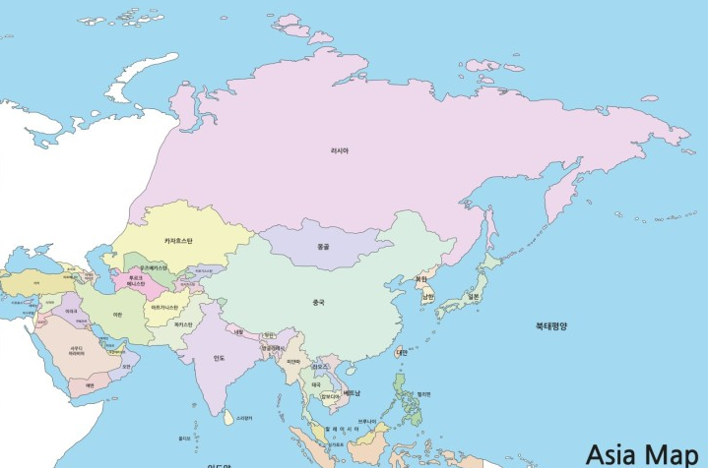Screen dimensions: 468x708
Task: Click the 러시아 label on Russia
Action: click(x=339, y=151)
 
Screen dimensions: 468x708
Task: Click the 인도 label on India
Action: click(x=219, y=358)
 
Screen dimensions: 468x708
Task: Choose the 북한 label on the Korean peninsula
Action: click(x=421, y=278)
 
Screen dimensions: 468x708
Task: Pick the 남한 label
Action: click(x=428, y=299)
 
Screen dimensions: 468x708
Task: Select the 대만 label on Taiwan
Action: click(x=402, y=352)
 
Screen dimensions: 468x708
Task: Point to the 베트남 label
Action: click(x=352, y=393)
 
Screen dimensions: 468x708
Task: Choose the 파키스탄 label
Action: click(x=183, y=323)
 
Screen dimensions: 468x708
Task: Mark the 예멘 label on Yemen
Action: click(x=88, y=385)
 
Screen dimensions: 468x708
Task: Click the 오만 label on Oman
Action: click(x=125, y=367)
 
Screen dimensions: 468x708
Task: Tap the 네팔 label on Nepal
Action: click(x=236, y=331)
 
